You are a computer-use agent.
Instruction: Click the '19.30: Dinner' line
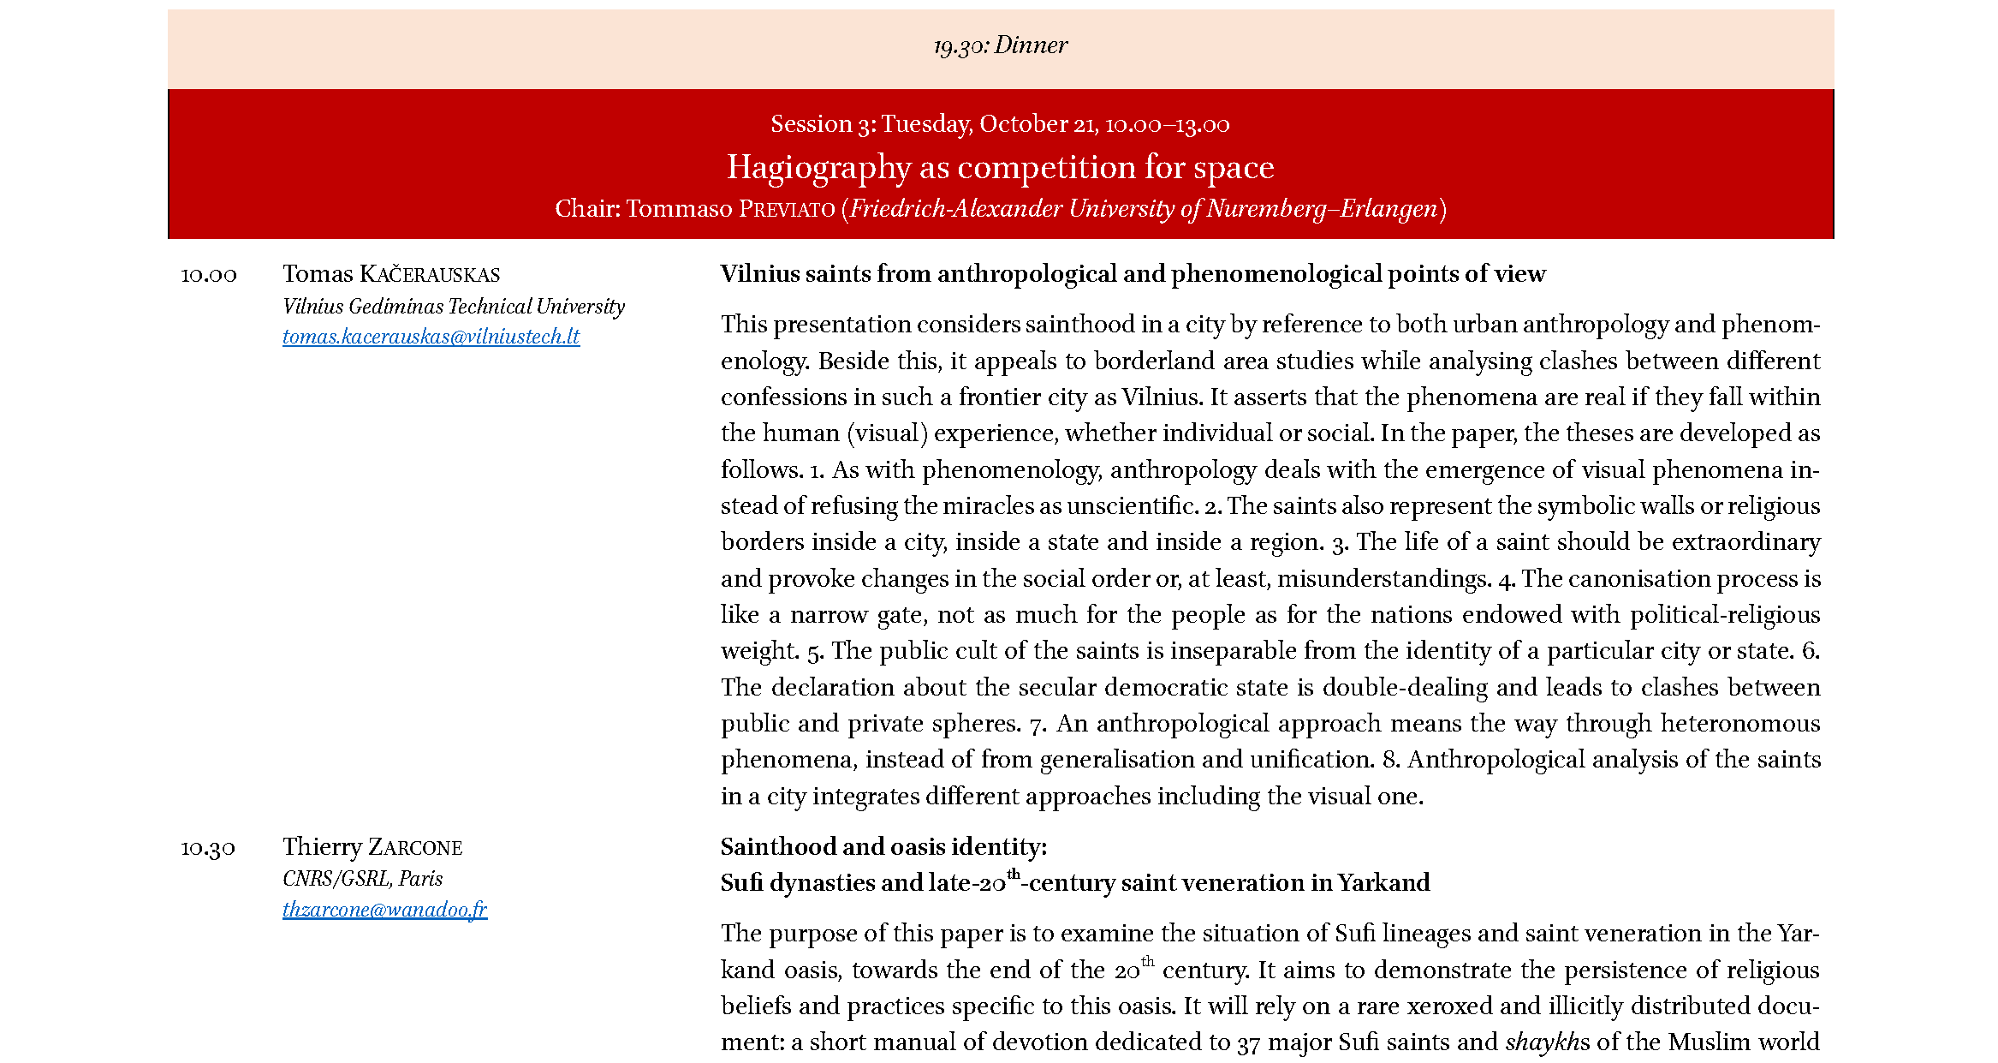click(1000, 45)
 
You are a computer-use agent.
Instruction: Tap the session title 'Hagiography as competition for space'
click(1000, 167)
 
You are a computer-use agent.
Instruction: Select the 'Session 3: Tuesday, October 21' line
click(1000, 125)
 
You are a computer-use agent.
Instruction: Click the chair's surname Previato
click(787, 210)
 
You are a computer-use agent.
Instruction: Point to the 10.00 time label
click(209, 275)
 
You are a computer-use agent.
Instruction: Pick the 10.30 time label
click(208, 848)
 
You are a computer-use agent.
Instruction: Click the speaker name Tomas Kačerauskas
click(391, 274)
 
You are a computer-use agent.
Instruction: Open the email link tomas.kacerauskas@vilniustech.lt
click(431, 337)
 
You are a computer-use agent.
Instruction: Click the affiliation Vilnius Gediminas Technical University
click(454, 307)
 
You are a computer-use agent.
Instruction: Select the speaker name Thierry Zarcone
click(372, 847)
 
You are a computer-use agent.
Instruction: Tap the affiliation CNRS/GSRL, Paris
click(362, 879)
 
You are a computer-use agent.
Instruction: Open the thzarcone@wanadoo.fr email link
click(384, 910)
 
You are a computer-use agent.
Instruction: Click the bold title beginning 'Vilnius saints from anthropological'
click(1133, 274)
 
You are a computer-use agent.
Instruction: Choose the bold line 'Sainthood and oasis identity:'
click(883, 847)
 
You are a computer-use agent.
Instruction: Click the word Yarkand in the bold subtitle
click(1383, 883)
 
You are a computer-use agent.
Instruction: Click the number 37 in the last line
click(1248, 1044)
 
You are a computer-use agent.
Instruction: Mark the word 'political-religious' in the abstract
click(1725, 615)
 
